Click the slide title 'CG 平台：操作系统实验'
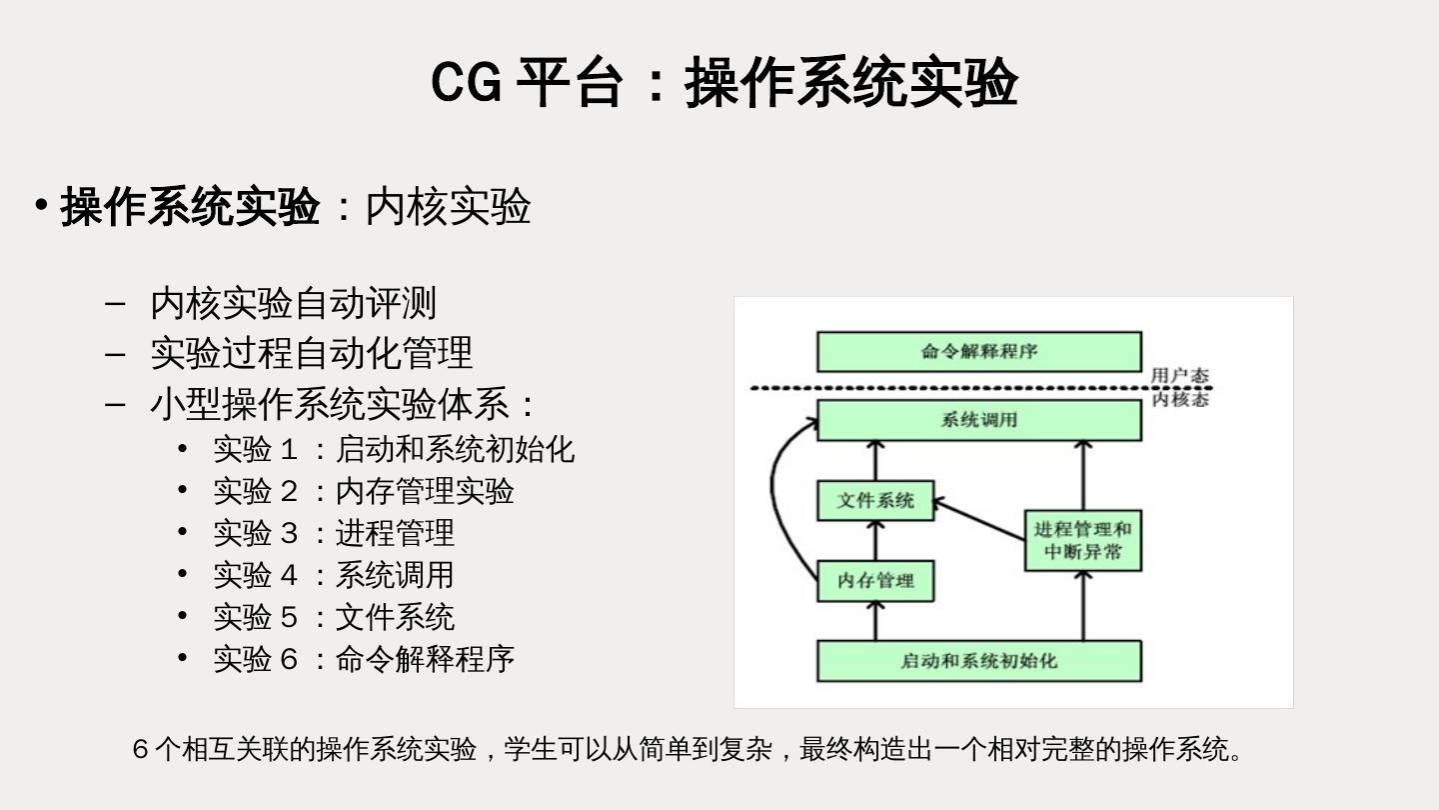point(723,82)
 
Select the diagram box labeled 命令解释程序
point(978,352)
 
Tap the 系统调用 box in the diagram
point(978,420)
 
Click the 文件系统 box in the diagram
point(875,500)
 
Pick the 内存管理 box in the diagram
point(875,581)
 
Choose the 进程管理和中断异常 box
point(1082,540)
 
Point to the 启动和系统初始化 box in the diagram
point(978,661)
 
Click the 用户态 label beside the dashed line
point(1179,376)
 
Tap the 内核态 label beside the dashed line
point(1179,400)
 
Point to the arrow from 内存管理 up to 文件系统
point(875,540)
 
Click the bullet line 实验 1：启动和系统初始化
point(394,449)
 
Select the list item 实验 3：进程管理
point(334,533)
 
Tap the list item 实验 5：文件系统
point(334,617)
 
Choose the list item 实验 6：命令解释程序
point(364,659)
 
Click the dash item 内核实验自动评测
point(293,303)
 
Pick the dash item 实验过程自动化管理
point(311,353)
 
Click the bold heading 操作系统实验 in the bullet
point(190,207)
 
